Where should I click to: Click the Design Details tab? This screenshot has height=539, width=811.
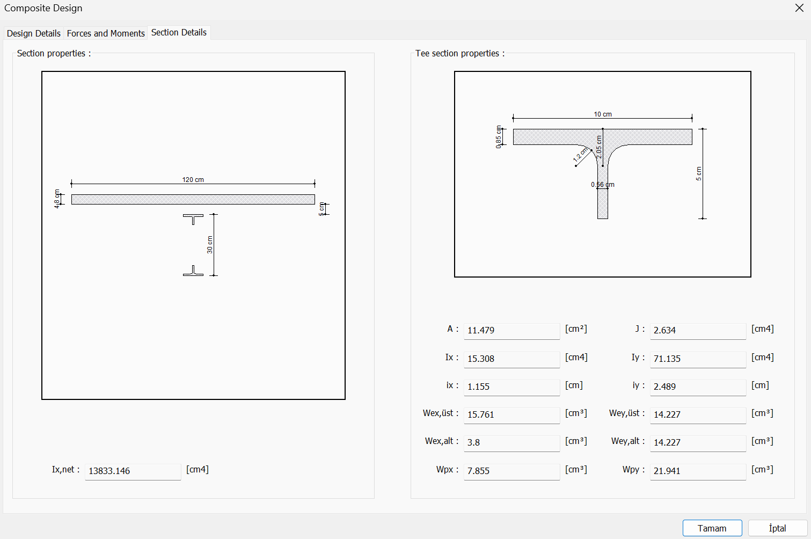point(33,33)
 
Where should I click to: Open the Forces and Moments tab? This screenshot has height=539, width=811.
point(106,33)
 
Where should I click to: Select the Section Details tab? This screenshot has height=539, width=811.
point(179,33)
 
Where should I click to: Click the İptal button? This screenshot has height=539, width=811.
point(777,528)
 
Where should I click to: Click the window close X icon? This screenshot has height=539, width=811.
point(799,8)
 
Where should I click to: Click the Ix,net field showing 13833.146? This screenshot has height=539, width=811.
point(133,471)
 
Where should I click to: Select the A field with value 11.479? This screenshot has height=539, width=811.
point(511,330)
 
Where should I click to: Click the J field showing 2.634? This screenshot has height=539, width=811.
point(697,330)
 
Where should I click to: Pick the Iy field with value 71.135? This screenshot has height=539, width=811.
point(697,359)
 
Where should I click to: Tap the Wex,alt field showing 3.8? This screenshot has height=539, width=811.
point(511,442)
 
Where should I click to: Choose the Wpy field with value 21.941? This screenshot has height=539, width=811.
point(697,471)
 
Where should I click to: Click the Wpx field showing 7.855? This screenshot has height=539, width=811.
point(511,471)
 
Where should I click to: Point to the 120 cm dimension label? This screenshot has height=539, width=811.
point(193,180)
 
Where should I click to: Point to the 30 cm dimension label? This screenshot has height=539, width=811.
point(210,245)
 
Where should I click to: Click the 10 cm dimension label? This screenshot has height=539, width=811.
point(602,114)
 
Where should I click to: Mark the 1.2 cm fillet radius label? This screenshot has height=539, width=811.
point(580,155)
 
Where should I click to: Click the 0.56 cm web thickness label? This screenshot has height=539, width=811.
point(603,185)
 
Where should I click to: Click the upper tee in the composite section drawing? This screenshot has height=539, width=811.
point(193,218)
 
